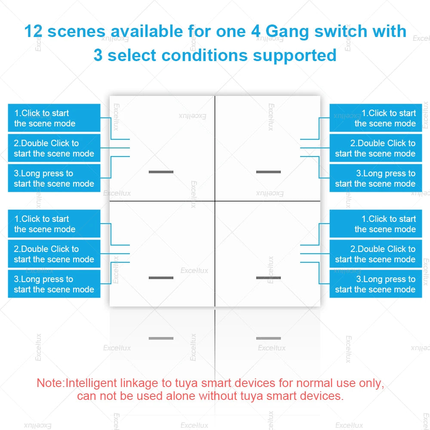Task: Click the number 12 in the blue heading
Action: point(34,31)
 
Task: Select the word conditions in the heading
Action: point(205,55)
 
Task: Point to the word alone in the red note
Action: point(181,396)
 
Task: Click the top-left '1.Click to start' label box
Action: point(54,118)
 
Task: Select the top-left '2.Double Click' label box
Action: point(54,148)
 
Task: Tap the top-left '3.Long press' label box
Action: point(54,178)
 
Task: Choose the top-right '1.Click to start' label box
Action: point(376,118)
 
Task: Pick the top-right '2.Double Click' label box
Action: point(376,148)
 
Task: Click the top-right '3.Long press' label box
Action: point(376,178)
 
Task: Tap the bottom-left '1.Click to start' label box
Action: point(54,224)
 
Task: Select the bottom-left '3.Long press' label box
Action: point(54,284)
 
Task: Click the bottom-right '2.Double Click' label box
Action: point(376,254)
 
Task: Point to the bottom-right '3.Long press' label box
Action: point(376,284)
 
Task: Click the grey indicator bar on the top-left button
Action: point(161,172)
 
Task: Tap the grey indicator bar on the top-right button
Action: point(268,172)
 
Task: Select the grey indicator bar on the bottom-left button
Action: point(161,278)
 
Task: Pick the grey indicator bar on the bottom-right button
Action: point(268,278)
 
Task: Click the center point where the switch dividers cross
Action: point(215,201)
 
